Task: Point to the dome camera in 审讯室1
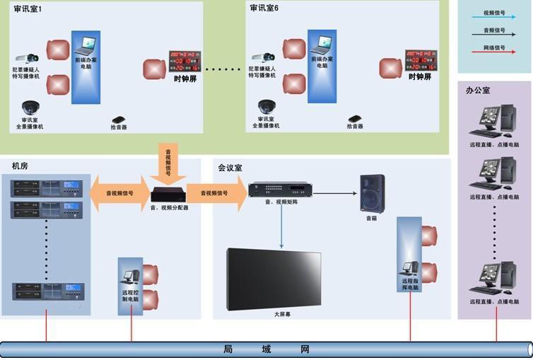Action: (x=30, y=108)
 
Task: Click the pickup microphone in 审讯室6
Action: (x=355, y=118)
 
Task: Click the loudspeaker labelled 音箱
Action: (x=372, y=193)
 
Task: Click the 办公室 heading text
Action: (x=478, y=91)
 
